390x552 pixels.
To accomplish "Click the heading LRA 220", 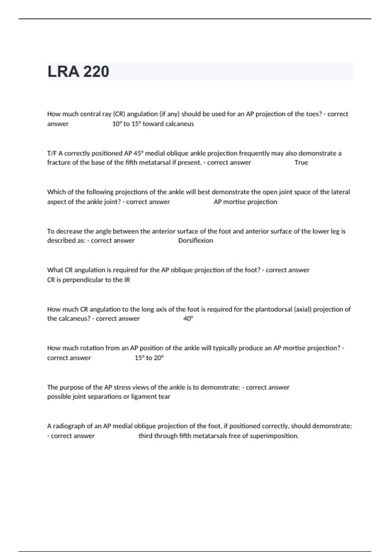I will coord(78,71).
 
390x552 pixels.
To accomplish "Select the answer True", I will coord(301,162).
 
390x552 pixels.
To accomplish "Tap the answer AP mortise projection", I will coord(245,202).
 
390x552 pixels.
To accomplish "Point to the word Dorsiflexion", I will coord(196,241).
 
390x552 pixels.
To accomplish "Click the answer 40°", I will coord(188,319).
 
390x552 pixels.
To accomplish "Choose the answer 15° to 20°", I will coord(149,358).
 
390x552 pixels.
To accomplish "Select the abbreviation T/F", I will coord(52,153).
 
